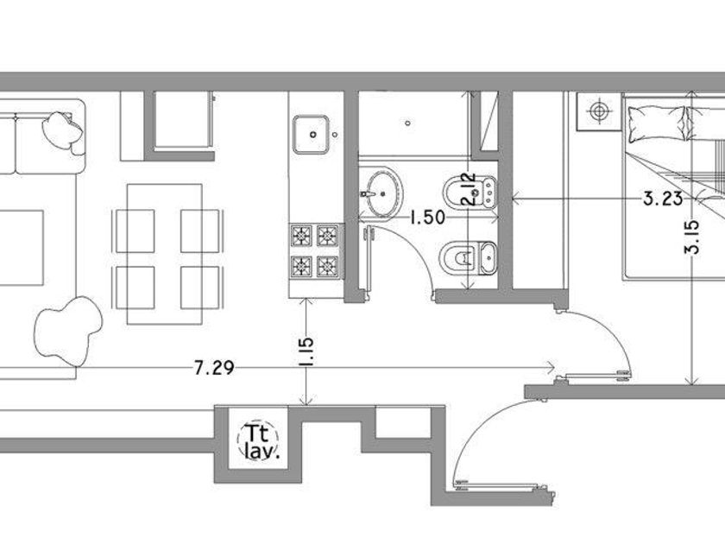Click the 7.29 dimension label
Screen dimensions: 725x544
coord(214,368)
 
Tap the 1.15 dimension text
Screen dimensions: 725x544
coord(306,352)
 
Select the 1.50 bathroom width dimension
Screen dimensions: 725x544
coord(428,217)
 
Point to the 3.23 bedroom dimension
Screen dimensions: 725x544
coord(663,199)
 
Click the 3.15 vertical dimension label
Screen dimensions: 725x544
coord(692,237)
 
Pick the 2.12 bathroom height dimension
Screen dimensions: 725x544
coord(469,189)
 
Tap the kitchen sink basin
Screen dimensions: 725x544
coord(312,134)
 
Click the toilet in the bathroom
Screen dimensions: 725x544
coord(469,258)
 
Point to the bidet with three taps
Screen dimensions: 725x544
coord(470,192)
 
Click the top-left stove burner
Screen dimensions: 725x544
coord(301,236)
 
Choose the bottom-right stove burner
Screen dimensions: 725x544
coord(327,266)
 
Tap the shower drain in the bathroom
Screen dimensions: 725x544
coord(407,123)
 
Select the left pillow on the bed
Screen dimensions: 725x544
coord(656,123)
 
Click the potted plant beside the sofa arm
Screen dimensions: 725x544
coord(63,131)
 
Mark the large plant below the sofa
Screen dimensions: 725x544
coord(68,328)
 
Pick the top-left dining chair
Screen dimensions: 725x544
coord(135,231)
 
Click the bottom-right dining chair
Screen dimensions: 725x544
coord(200,288)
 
